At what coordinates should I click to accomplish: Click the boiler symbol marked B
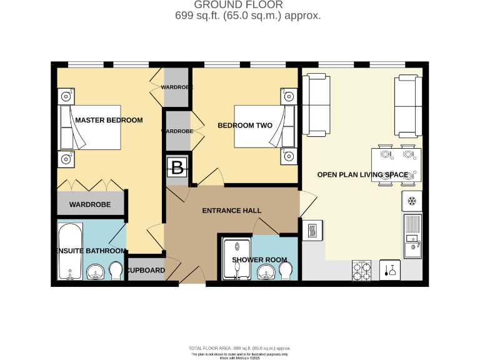[x=177, y=167]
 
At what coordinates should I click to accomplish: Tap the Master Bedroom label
[x=109, y=120]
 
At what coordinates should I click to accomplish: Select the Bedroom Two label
[x=245, y=126]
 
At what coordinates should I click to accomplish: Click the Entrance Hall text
[x=231, y=211]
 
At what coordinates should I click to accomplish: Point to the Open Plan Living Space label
[x=362, y=174]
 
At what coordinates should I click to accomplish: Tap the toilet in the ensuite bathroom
[x=115, y=271]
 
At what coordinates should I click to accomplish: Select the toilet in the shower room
[x=286, y=270]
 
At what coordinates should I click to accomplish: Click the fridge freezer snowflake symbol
[x=411, y=201]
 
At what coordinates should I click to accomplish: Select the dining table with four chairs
[x=396, y=166]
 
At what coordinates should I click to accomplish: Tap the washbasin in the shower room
[x=265, y=271]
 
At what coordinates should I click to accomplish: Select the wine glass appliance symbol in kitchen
[x=390, y=270]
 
